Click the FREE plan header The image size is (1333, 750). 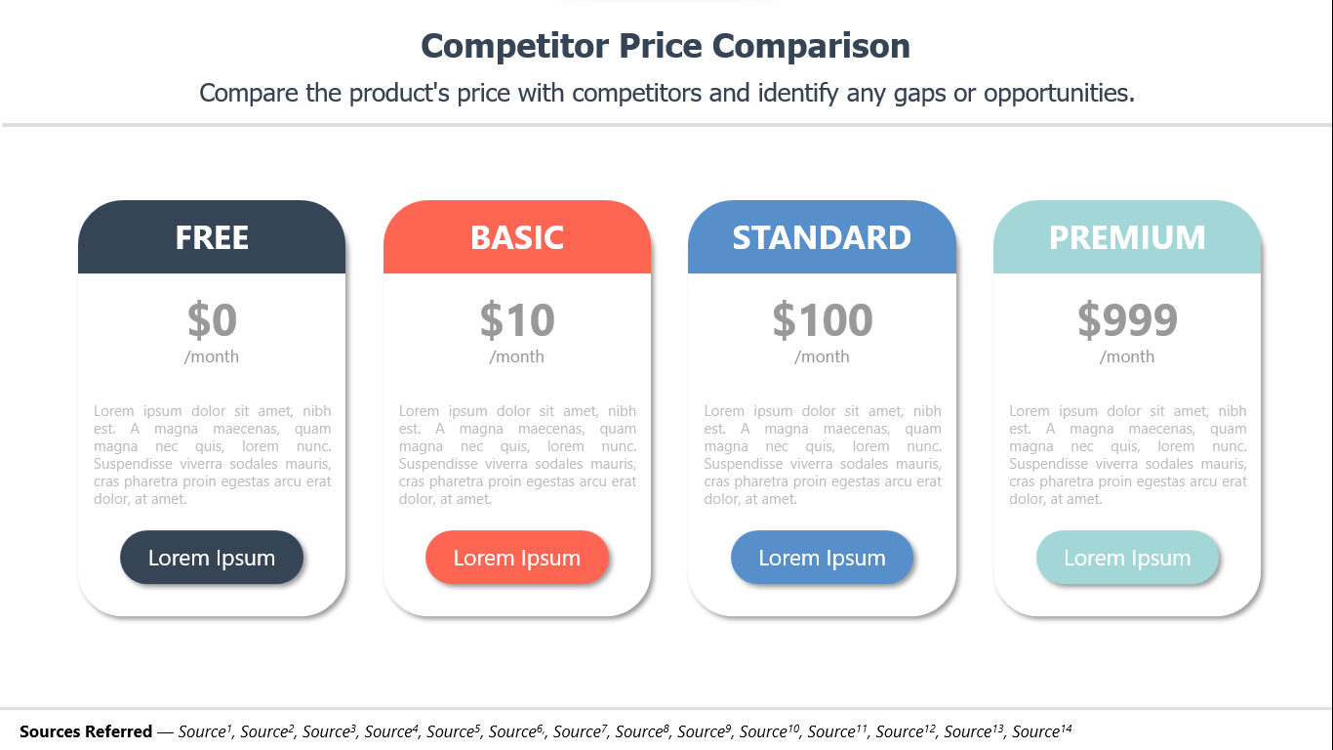pyautogui.click(x=212, y=237)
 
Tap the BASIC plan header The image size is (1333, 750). pyautogui.click(x=517, y=237)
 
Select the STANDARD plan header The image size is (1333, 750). pyautogui.click(x=822, y=237)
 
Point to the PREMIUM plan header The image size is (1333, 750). pyautogui.click(x=1127, y=237)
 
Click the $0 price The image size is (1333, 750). pyautogui.click(x=212, y=320)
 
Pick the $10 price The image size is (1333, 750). pyautogui.click(x=517, y=320)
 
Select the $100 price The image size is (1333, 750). pyautogui.click(x=822, y=320)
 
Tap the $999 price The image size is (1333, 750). pyautogui.click(x=1127, y=320)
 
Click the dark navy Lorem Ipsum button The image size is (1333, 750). pyautogui.click(x=212, y=558)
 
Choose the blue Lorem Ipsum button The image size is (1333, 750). pyautogui.click(x=822, y=558)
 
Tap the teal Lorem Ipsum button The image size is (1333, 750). pyautogui.click(x=1127, y=558)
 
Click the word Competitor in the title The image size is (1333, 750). pyautogui.click(x=514, y=47)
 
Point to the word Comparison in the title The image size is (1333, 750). pyautogui.click(x=811, y=47)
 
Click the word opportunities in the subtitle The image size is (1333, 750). pyautogui.click(x=1059, y=94)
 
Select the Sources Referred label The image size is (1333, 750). pyautogui.click(x=86, y=731)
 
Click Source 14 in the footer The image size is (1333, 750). pyautogui.click(x=1042, y=730)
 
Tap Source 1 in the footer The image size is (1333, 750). pyautogui.click(x=205, y=730)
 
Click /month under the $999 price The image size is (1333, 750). pyautogui.click(x=1127, y=356)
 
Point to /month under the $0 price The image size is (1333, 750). pyautogui.click(x=212, y=356)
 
